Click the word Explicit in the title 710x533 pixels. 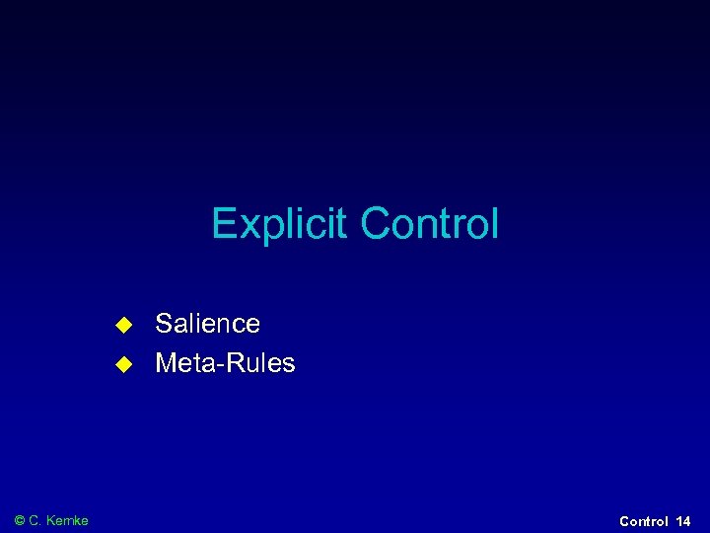tap(281, 224)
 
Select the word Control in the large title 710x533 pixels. tap(429, 224)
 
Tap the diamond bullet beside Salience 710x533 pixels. tap(123, 324)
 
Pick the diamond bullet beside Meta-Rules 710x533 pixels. tap(123, 363)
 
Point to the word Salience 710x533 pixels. tap(207, 324)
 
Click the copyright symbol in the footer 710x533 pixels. tap(20, 520)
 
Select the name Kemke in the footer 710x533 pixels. tap(68, 520)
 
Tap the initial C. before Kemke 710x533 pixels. tap(37, 520)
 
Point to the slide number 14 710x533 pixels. tap(683, 521)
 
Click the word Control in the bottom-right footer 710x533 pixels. tap(644, 521)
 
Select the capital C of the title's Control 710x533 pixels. tap(373, 224)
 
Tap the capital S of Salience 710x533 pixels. tap(164, 324)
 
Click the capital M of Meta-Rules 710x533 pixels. tap(167, 363)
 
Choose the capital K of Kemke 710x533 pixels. tap(51, 520)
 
